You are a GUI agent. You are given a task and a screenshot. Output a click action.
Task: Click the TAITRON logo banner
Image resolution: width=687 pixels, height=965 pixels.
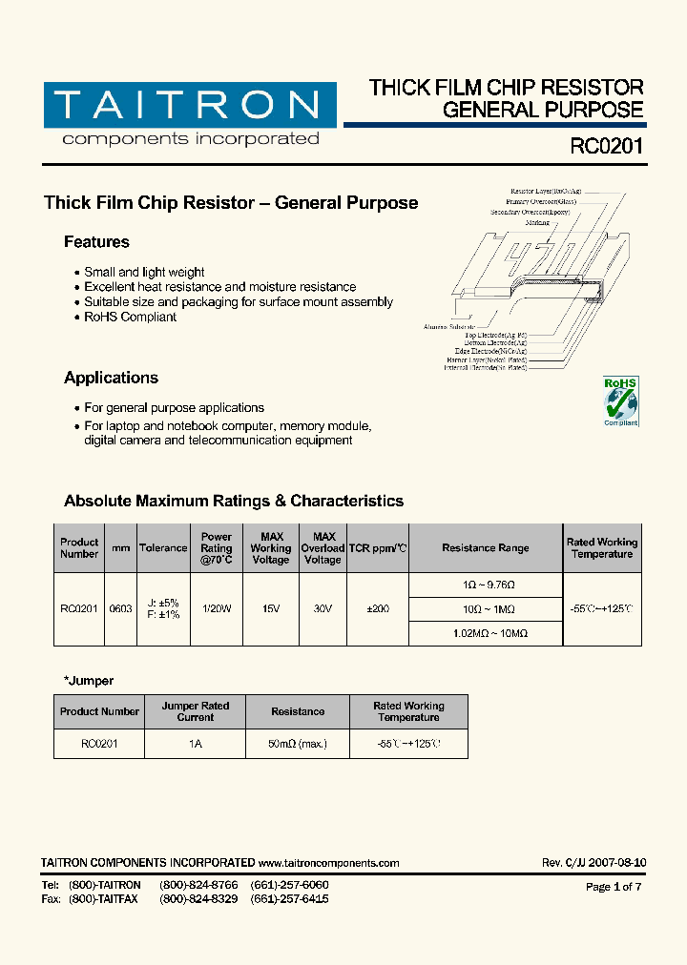tap(190, 105)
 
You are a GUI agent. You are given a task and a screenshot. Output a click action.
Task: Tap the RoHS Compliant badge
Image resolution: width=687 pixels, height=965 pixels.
tap(620, 401)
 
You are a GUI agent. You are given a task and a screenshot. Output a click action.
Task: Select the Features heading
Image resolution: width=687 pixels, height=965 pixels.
tap(96, 242)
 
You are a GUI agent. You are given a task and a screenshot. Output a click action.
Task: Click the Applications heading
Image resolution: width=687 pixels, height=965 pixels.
tap(111, 378)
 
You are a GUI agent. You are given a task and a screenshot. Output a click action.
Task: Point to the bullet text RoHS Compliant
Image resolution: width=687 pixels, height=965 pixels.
tap(130, 317)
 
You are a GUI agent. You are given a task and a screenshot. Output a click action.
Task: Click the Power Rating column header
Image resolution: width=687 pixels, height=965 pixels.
tap(217, 548)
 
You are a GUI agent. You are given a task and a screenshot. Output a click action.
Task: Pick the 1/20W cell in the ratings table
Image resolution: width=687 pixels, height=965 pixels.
tap(217, 608)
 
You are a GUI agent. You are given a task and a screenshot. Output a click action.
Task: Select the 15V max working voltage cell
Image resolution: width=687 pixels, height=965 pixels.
tap(270, 608)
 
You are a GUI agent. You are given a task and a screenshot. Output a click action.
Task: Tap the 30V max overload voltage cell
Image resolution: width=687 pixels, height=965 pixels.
tap(323, 608)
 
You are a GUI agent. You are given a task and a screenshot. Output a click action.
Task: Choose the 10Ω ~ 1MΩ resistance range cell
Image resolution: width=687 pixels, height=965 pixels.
tap(486, 608)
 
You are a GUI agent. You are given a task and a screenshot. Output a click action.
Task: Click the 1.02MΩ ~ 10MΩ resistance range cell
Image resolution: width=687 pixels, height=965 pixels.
tap(486, 632)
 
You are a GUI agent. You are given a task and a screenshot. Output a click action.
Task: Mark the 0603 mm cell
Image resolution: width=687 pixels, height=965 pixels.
tap(120, 608)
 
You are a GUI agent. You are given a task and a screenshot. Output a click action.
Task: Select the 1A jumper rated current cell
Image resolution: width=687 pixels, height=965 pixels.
tap(195, 743)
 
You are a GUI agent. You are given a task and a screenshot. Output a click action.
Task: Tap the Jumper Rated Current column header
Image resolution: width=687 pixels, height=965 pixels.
tap(195, 711)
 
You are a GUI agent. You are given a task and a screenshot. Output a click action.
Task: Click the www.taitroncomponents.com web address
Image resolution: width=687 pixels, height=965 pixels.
tap(328, 863)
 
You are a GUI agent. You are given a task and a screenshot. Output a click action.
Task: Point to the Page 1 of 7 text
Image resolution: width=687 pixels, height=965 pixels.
tap(613, 887)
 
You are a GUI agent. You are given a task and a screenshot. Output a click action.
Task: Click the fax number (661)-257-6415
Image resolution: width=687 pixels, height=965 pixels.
tap(289, 899)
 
